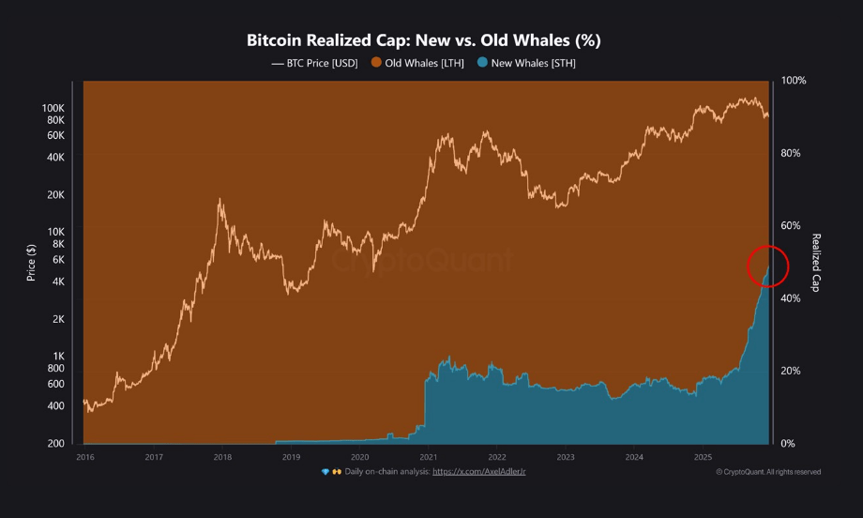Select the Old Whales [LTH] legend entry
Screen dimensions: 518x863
click(418, 63)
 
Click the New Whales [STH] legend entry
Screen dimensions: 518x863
click(526, 63)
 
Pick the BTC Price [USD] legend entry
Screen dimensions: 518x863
click(313, 63)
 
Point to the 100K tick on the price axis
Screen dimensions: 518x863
click(53, 109)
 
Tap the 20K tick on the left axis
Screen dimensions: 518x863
click(55, 195)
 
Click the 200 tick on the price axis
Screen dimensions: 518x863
click(56, 443)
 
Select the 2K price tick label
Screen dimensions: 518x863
click(58, 319)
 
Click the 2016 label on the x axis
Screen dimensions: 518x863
click(84, 457)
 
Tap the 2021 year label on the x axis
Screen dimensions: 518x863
click(429, 457)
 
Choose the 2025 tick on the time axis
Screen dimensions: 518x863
click(704, 457)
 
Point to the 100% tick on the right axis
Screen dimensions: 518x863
click(794, 81)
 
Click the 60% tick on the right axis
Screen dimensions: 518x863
click(792, 226)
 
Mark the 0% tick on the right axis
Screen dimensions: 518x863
click(789, 443)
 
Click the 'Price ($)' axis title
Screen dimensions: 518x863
click(31, 262)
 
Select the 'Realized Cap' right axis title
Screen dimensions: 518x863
click(816, 262)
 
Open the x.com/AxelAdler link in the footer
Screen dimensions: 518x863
click(478, 471)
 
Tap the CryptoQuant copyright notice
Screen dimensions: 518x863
click(768, 472)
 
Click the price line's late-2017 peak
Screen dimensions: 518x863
click(220, 199)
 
